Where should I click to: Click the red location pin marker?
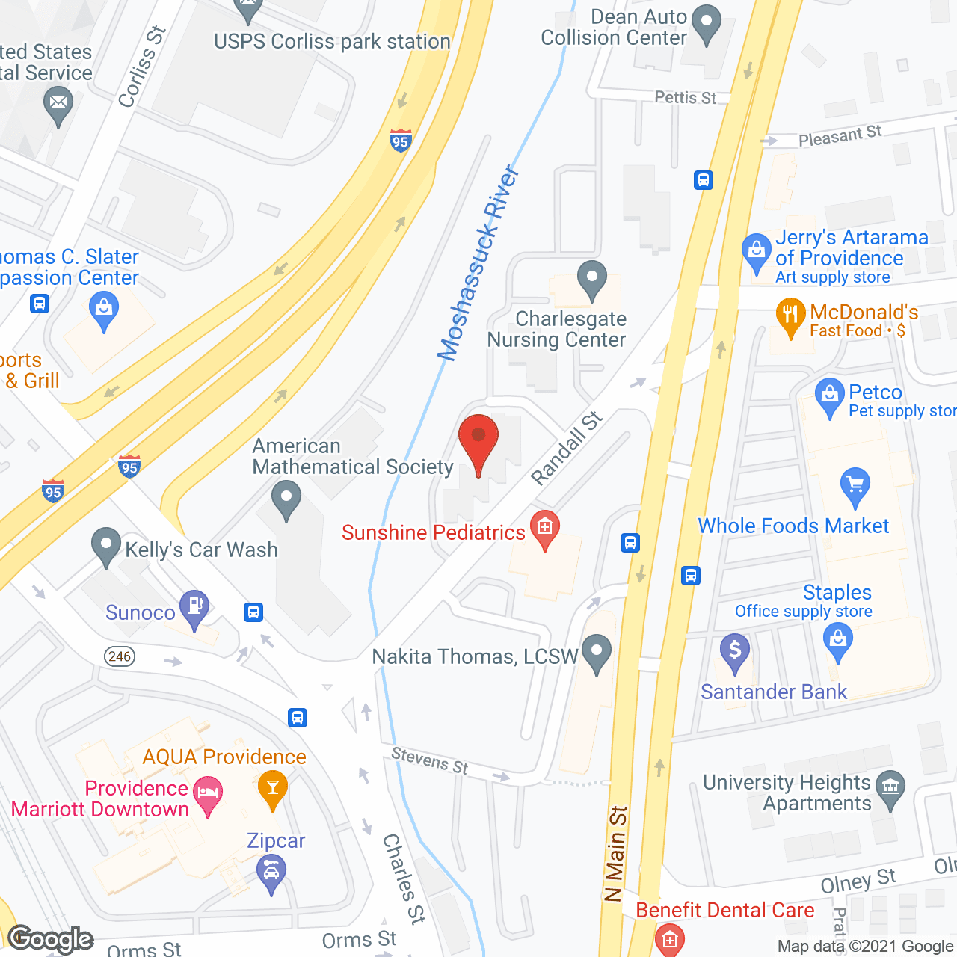coord(478,442)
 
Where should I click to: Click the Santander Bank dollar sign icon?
coord(735,651)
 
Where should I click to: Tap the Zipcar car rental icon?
coord(271,872)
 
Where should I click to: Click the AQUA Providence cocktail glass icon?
coord(273,788)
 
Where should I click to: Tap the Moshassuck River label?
coord(478,263)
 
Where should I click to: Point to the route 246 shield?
coord(120,656)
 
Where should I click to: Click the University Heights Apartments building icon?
coord(890,787)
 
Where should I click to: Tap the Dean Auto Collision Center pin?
coord(706,24)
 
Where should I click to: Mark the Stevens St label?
coord(430,761)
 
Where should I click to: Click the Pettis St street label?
coord(685,98)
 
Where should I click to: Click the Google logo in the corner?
coord(50,938)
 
